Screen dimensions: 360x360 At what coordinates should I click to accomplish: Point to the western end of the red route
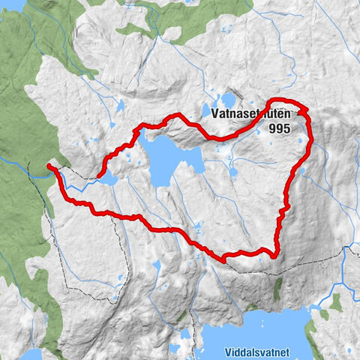click(49, 166)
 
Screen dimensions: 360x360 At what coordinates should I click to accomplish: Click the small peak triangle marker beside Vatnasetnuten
click(303, 112)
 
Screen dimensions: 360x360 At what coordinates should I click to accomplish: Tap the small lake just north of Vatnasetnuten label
click(227, 99)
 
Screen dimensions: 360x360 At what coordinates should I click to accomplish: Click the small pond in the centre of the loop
click(233, 172)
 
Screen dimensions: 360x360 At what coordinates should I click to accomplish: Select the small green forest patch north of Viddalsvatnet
click(275, 286)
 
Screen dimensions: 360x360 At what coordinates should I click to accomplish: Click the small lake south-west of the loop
click(157, 266)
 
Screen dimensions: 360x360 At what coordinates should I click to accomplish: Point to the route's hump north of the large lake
click(177, 115)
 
